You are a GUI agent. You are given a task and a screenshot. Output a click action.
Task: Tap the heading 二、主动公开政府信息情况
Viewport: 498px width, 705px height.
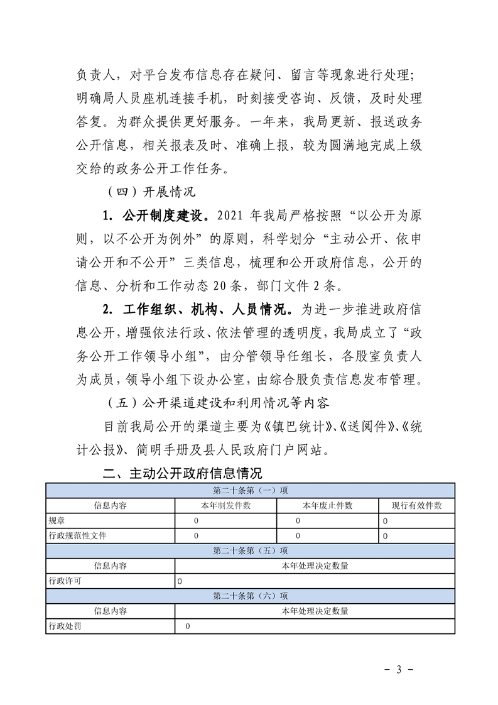tap(182, 473)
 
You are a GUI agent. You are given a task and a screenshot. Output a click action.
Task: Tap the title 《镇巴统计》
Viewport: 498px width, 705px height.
tap(298, 427)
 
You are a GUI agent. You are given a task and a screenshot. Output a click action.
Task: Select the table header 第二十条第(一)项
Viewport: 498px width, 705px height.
tap(250, 490)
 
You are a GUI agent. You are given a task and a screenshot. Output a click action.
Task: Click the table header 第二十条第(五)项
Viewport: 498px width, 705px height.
tap(250, 550)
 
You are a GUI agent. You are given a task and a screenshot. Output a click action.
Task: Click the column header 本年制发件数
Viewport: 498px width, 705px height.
tap(226, 505)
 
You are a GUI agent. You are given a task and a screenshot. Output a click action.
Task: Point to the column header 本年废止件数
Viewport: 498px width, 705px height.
tap(328, 505)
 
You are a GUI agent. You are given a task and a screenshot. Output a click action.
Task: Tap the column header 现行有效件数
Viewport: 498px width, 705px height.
tap(417, 505)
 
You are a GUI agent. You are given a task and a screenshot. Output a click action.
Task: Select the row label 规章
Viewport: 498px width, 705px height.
tap(56, 520)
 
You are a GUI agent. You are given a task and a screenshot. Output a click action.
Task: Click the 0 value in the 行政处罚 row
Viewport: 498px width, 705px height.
tap(187, 626)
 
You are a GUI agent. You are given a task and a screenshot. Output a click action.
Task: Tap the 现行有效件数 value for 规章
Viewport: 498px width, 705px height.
tap(385, 521)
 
